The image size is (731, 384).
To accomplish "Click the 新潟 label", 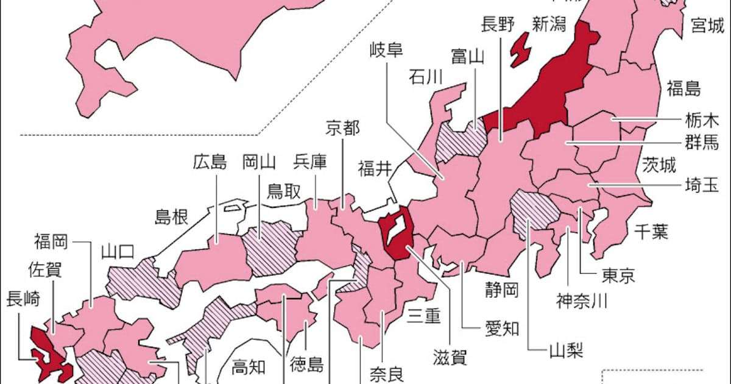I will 549,24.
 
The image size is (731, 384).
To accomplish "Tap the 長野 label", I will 498,24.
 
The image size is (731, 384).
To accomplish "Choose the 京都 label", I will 342,129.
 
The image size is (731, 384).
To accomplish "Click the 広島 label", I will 210,162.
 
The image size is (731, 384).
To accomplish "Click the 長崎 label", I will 23,299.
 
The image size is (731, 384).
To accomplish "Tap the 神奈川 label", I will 582,300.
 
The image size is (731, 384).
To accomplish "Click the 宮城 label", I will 707,26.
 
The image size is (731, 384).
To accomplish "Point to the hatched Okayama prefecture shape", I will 271,247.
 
